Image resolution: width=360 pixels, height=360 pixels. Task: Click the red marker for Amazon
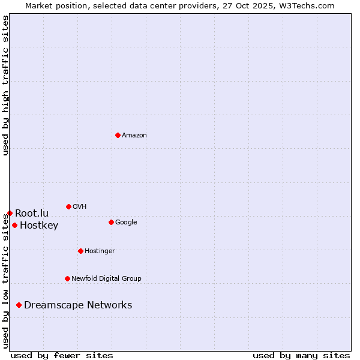click(x=118, y=135)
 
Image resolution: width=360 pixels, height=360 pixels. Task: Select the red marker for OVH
click(x=68, y=206)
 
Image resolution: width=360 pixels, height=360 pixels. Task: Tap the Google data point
click(x=111, y=222)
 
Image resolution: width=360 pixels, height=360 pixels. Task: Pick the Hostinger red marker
click(x=80, y=251)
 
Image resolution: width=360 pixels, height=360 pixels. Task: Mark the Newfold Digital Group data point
click(x=67, y=278)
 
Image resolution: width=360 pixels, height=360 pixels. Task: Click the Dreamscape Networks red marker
click(x=19, y=305)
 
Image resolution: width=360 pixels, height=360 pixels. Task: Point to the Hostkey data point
click(x=14, y=226)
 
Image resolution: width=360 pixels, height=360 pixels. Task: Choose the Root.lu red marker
click(x=10, y=213)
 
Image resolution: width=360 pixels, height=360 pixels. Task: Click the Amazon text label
click(x=134, y=136)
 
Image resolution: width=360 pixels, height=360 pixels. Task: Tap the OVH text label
click(x=79, y=207)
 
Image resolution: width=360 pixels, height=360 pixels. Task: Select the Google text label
click(x=126, y=223)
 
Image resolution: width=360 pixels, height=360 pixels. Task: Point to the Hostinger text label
click(x=100, y=251)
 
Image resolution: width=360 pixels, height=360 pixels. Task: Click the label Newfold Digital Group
click(x=106, y=278)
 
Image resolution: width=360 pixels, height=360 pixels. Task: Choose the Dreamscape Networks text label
click(x=78, y=305)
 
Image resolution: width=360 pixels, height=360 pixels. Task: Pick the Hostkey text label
click(x=39, y=226)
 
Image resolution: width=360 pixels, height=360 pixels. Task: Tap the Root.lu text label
click(x=32, y=213)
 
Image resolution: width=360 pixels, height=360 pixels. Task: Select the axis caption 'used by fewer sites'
click(x=62, y=355)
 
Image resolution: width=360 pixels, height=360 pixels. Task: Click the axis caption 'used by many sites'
click(x=301, y=355)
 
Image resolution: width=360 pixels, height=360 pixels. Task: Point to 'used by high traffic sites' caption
click(x=5, y=85)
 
